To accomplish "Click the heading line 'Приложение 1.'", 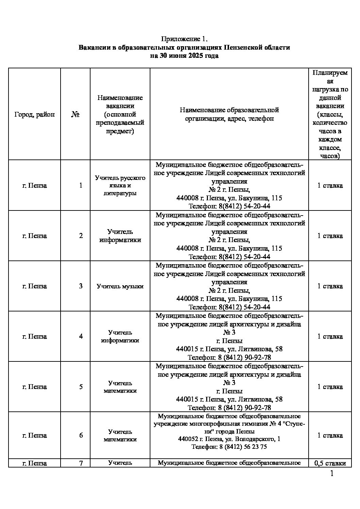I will click(184, 39).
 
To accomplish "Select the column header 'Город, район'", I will click(34, 115).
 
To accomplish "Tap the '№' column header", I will click(75, 115).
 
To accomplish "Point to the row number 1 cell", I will click(81, 186).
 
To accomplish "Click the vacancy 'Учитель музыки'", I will click(120, 286).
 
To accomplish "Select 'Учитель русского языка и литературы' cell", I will click(120, 186).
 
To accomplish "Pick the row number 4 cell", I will click(81, 337).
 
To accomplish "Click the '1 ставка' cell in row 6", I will click(330, 436).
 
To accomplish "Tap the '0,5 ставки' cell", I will click(330, 463).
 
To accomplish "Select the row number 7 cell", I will click(81, 463).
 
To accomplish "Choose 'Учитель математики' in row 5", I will click(120, 387).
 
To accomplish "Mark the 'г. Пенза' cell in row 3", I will click(34, 286).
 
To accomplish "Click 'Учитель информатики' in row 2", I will click(120, 236).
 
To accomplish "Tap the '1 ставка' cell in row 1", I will click(330, 186).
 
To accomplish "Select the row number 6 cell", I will click(81, 436).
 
